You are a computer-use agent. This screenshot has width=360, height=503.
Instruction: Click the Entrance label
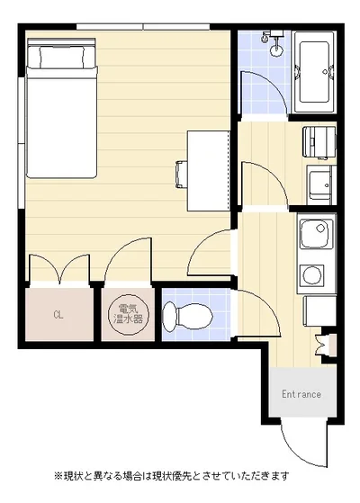coord(301,394)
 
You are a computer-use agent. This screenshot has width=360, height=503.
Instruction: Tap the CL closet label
coord(58,315)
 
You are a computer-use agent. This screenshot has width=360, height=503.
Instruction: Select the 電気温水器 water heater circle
coord(129,314)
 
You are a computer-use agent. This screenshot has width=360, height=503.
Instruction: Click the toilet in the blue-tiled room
coord(188,317)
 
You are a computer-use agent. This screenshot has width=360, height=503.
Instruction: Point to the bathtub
coord(314,73)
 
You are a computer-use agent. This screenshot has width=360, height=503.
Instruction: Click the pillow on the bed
coord(62,57)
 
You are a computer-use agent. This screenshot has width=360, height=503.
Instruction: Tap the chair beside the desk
coord(181,175)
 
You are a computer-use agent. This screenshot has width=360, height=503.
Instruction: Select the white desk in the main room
coord(209,171)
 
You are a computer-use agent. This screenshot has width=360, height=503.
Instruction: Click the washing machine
coord(319,143)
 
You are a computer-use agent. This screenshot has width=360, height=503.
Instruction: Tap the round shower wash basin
coord(276,50)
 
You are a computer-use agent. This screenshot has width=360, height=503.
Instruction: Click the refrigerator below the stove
coord(319,311)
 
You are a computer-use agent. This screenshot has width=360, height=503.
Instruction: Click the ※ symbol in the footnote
coord(58,475)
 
